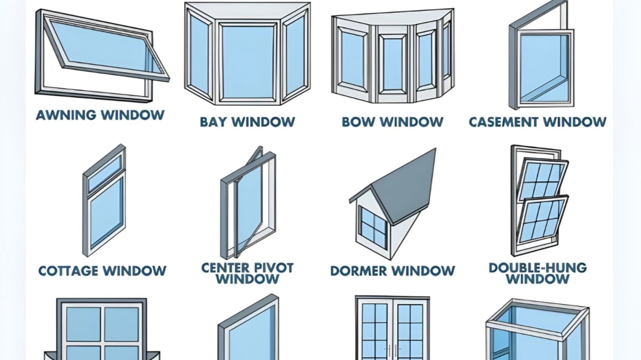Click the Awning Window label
click(100, 115)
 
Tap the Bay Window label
click(247, 122)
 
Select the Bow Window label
click(393, 122)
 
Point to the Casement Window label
click(537, 122)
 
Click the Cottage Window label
click(102, 271)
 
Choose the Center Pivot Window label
click(247, 272)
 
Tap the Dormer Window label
click(393, 271)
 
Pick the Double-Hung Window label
click(537, 272)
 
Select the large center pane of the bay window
click(247, 61)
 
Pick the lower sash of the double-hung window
click(541, 222)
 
